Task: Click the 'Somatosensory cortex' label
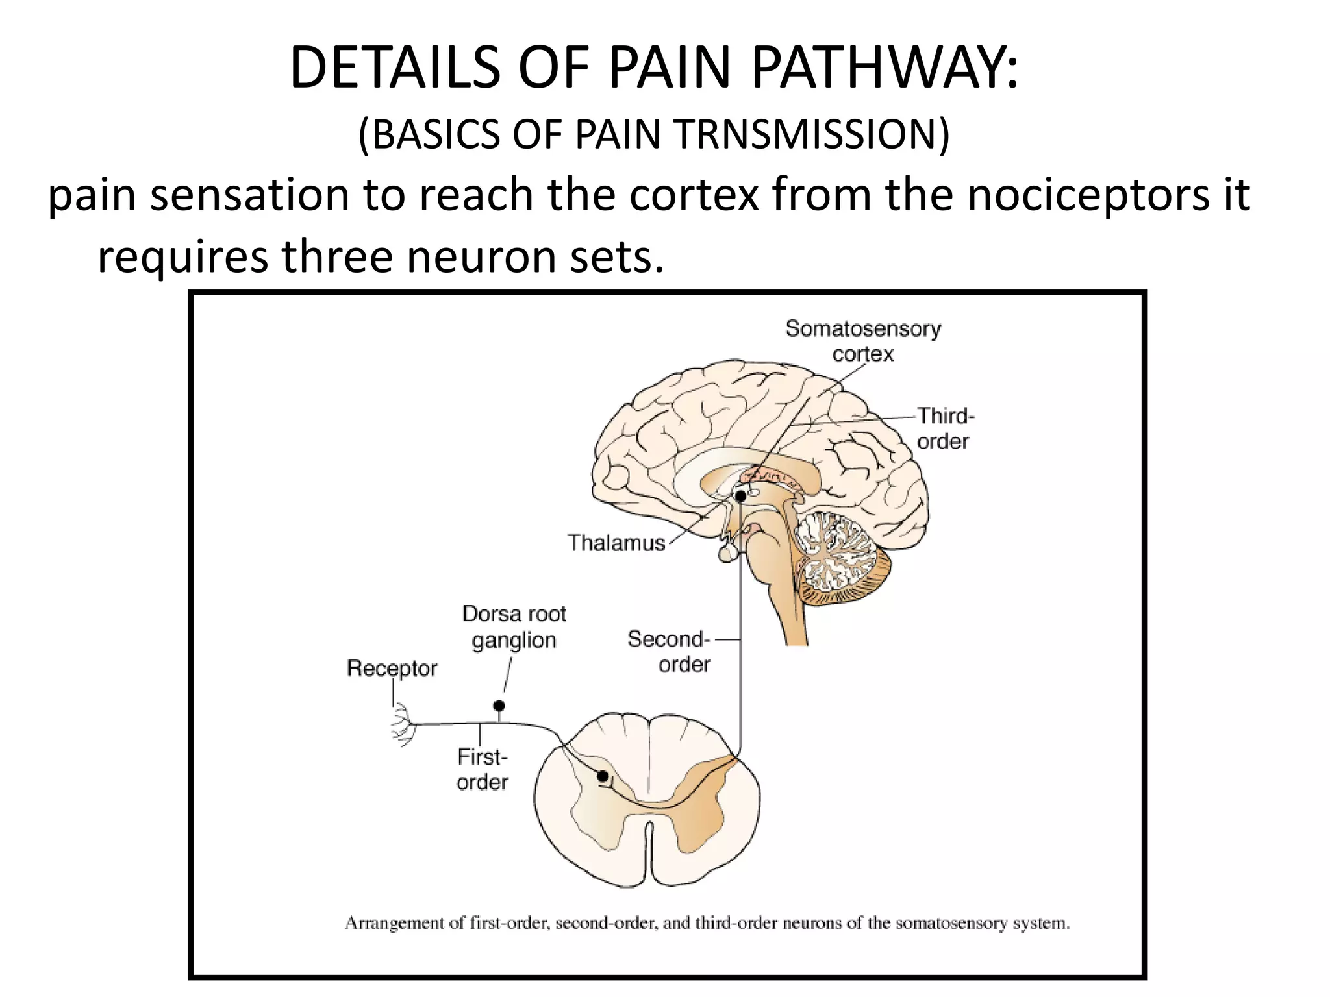862,341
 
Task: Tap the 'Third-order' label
945,428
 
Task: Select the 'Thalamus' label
616,543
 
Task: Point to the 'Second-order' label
669,652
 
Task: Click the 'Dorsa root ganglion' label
514,627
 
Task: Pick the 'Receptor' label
392,668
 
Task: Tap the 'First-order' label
482,769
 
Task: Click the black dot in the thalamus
740,497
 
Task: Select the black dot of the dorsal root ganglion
499,706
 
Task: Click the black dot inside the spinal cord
603,776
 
